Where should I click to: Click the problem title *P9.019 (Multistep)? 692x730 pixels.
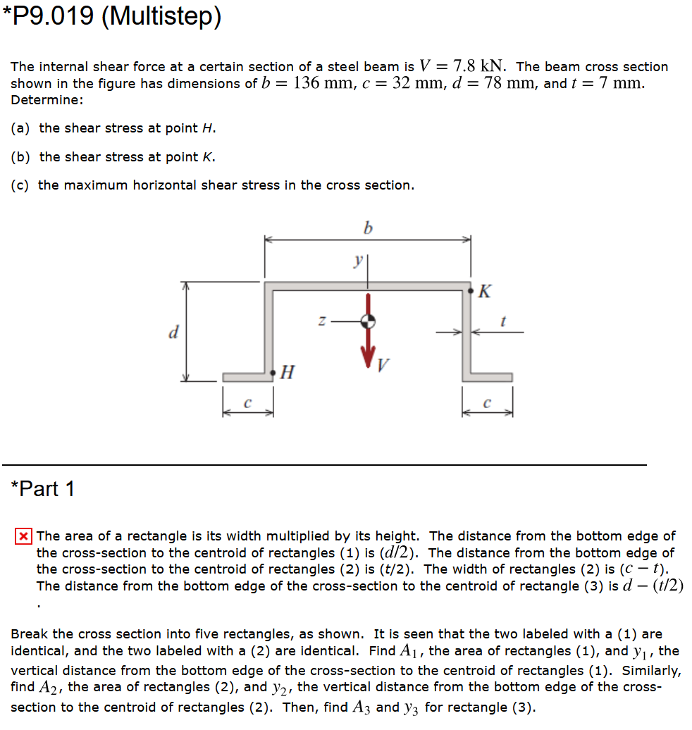(x=112, y=17)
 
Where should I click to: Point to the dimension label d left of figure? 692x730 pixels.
(x=173, y=331)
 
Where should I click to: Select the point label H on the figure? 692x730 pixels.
(x=287, y=372)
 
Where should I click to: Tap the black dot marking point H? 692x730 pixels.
(x=273, y=371)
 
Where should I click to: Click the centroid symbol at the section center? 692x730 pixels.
(x=367, y=322)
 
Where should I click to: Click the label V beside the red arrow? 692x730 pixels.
(x=383, y=365)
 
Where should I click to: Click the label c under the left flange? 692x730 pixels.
(x=247, y=404)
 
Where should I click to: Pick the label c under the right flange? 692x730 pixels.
(x=487, y=404)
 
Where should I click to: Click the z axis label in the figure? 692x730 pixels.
(x=321, y=321)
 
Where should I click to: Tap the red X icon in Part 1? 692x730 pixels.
(x=23, y=536)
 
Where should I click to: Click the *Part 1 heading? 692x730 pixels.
(x=43, y=488)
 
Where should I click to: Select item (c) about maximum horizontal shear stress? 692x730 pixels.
(x=212, y=185)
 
